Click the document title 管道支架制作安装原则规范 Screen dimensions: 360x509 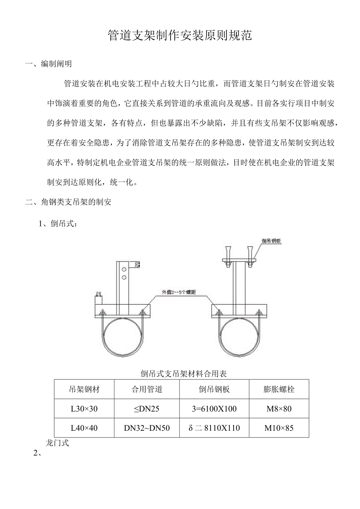click(x=180, y=36)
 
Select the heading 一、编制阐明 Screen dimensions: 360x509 click(x=49, y=64)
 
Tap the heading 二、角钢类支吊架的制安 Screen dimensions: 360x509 click(x=68, y=202)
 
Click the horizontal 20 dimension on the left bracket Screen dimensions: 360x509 click(x=98, y=293)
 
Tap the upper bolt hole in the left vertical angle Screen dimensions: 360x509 click(x=124, y=270)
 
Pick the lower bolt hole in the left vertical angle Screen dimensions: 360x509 click(x=124, y=278)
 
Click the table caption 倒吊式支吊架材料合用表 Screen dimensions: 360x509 click(x=184, y=374)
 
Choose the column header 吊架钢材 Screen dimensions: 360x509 click(x=84, y=389)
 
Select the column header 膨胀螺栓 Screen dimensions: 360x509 click(x=279, y=389)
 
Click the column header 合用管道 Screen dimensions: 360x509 click(x=147, y=389)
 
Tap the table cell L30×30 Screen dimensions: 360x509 click(x=84, y=409)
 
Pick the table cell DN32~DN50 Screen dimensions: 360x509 click(x=147, y=428)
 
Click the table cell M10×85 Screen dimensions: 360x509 click(x=279, y=428)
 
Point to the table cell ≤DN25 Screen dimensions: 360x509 click(x=147, y=409)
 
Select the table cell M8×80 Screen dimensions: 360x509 click(x=279, y=409)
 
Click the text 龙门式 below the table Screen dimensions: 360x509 click(x=57, y=443)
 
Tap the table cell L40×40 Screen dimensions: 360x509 click(x=84, y=428)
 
